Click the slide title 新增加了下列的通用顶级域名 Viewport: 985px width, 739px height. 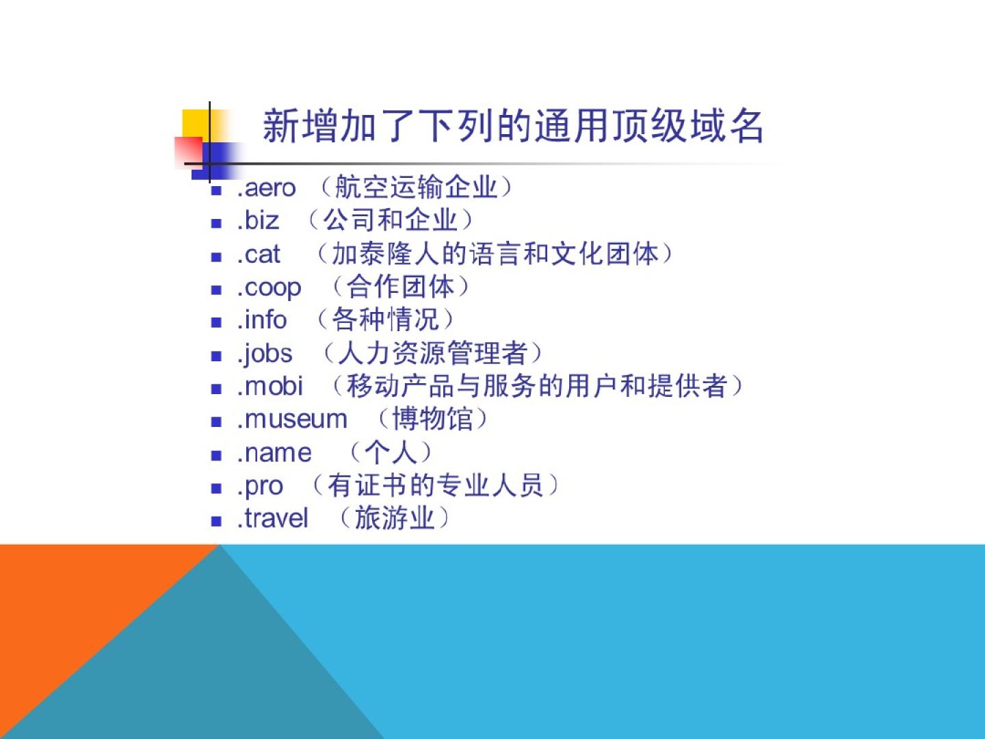[x=513, y=126]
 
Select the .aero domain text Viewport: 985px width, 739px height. [x=267, y=188]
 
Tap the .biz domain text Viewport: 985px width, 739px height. [x=258, y=220]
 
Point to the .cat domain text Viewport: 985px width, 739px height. [x=259, y=255]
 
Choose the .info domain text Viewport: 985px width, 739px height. [x=262, y=320]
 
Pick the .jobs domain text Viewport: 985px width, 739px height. [x=265, y=354]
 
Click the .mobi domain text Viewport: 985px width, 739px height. [x=270, y=386]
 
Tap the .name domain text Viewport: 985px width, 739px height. [x=274, y=453]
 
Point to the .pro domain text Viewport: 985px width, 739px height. [x=261, y=487]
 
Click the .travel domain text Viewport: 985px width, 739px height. [x=273, y=518]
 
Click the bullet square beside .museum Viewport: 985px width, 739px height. [x=216, y=422]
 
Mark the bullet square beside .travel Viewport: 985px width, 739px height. [x=216, y=521]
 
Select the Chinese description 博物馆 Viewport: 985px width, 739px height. [x=432, y=419]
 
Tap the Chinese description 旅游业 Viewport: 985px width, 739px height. [x=395, y=518]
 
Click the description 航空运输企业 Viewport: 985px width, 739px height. [x=417, y=187]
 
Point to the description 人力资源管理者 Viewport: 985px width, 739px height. [x=432, y=353]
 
